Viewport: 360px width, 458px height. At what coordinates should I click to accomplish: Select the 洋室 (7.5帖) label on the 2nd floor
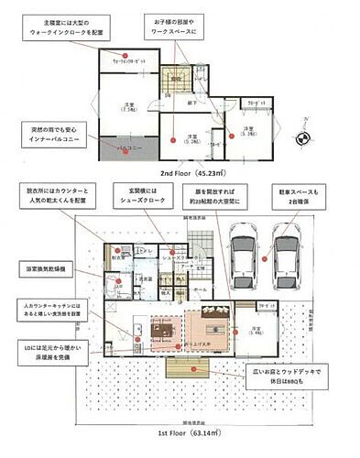point(131,109)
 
